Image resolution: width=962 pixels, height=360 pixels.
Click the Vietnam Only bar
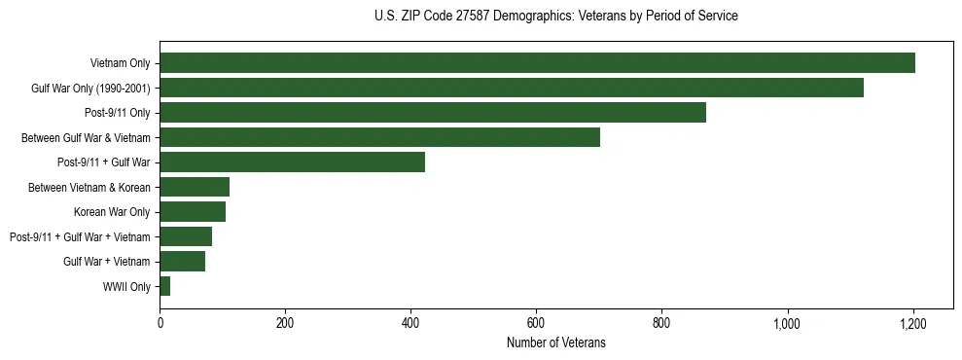[537, 63]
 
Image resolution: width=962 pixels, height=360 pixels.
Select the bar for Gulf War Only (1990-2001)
[512, 88]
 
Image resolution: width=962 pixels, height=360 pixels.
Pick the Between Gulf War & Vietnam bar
[379, 137]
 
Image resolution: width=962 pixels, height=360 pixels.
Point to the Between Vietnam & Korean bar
[195, 187]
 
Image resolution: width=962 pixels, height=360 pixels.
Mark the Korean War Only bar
[193, 212]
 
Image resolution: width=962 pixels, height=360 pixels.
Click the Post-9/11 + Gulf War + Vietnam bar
[186, 236]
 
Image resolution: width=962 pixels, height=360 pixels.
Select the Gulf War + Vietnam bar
[182, 262]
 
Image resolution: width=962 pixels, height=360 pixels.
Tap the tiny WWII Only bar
[165, 286]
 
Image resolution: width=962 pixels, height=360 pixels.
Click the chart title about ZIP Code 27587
[555, 17]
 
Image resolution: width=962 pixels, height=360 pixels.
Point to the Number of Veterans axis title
[555, 342]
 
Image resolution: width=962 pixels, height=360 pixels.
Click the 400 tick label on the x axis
[410, 322]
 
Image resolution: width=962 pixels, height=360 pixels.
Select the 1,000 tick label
[787, 322]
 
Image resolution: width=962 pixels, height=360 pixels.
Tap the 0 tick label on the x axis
[160, 322]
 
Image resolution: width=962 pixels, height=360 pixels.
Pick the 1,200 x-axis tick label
[912, 322]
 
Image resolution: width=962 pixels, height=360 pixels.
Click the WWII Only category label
[126, 287]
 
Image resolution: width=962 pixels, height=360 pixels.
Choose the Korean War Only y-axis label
[112, 212]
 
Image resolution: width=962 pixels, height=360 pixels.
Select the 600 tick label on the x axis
[536, 322]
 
